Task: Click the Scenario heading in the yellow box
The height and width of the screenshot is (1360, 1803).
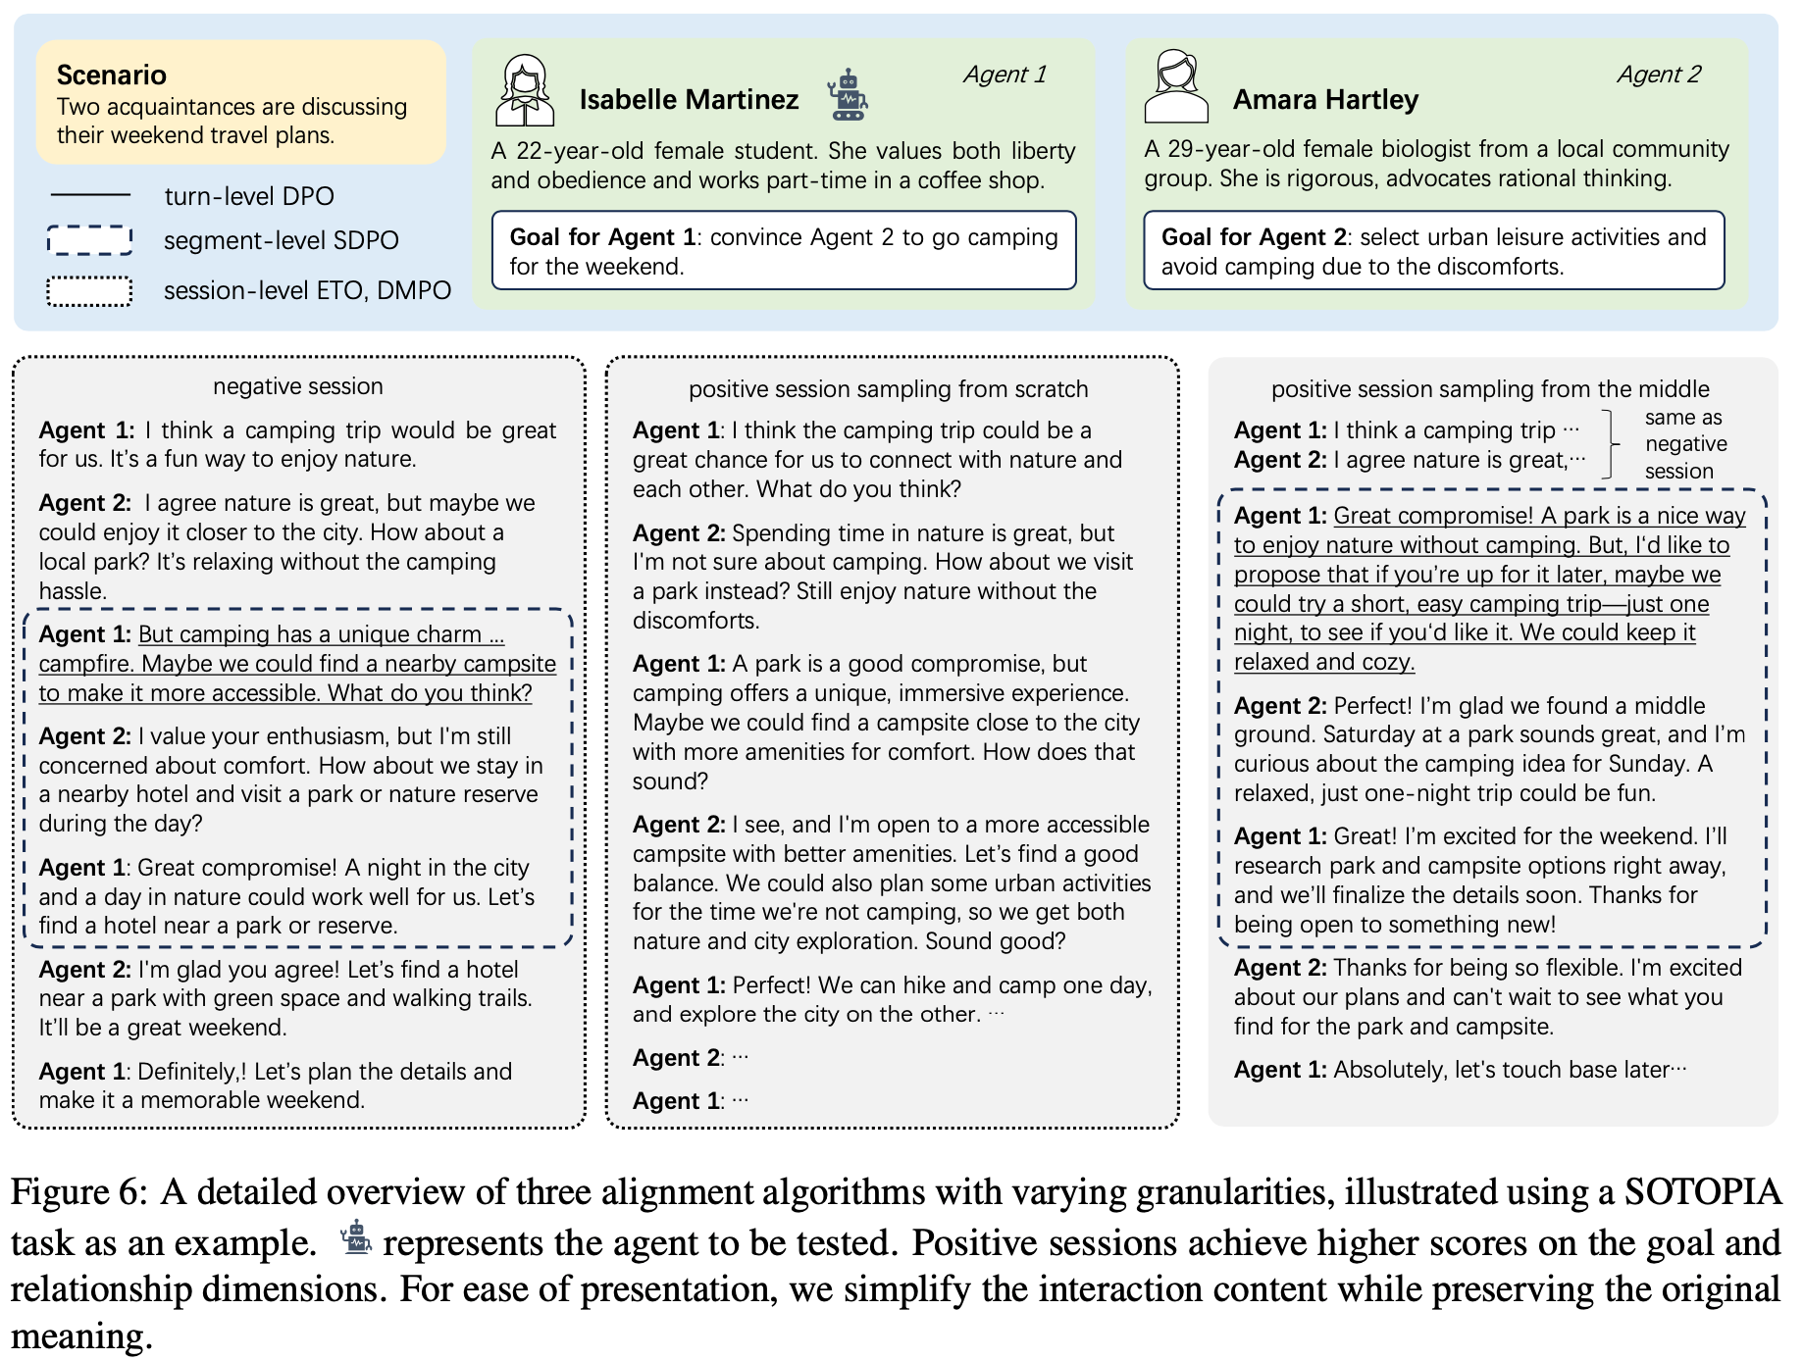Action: pyautogui.click(x=111, y=75)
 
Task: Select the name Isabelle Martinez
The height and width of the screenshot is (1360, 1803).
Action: pyautogui.click(x=689, y=99)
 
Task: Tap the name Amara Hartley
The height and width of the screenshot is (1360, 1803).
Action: pyautogui.click(x=1325, y=99)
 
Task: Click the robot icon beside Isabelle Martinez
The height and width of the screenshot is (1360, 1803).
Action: pyautogui.click(x=847, y=95)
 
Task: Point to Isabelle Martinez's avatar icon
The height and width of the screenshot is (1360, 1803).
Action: pyautogui.click(x=525, y=90)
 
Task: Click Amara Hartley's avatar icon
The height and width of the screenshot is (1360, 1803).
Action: pyautogui.click(x=1175, y=87)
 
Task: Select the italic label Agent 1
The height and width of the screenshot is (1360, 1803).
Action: pyautogui.click(x=1005, y=75)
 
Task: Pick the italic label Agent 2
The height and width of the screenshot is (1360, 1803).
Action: pyautogui.click(x=1659, y=75)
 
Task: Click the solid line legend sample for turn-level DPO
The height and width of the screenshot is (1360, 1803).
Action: pyautogui.click(x=89, y=195)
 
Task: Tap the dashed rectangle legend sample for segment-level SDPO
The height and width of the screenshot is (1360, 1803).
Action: pyautogui.click(x=89, y=240)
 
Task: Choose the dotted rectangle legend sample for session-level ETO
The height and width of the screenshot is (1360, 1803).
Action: pyautogui.click(x=89, y=291)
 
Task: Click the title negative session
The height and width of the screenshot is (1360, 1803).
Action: pyautogui.click(x=298, y=386)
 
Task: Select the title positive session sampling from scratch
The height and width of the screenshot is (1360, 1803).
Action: pyautogui.click(x=888, y=389)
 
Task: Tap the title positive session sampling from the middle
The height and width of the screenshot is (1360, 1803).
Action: pyautogui.click(x=1490, y=389)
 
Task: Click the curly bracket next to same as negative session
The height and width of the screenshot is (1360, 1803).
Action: pyautogui.click(x=1608, y=444)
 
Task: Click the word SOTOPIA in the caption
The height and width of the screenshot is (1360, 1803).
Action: pyautogui.click(x=1702, y=1192)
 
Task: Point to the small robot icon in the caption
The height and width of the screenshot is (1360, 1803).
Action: pyautogui.click(x=355, y=1238)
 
